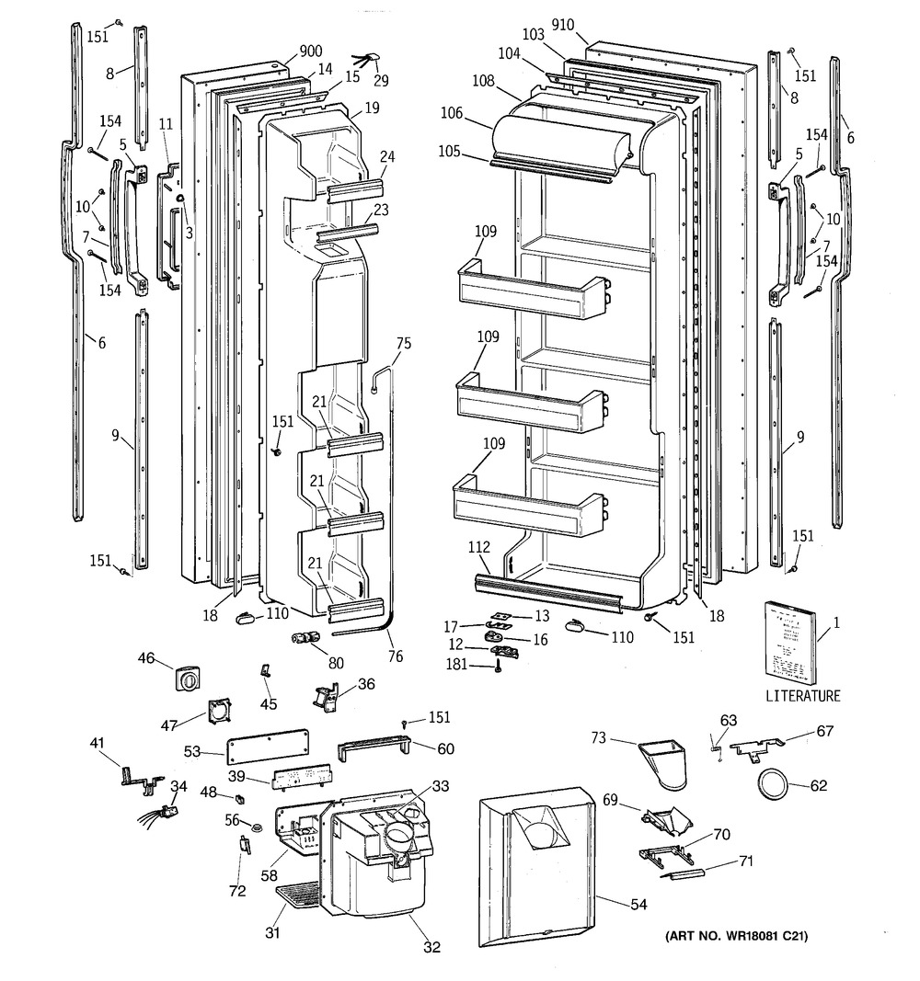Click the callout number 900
click(x=310, y=52)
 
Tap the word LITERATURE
click(x=802, y=696)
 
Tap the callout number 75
click(x=404, y=344)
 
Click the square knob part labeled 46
click(x=186, y=679)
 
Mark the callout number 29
click(x=380, y=81)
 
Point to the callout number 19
click(x=371, y=108)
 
